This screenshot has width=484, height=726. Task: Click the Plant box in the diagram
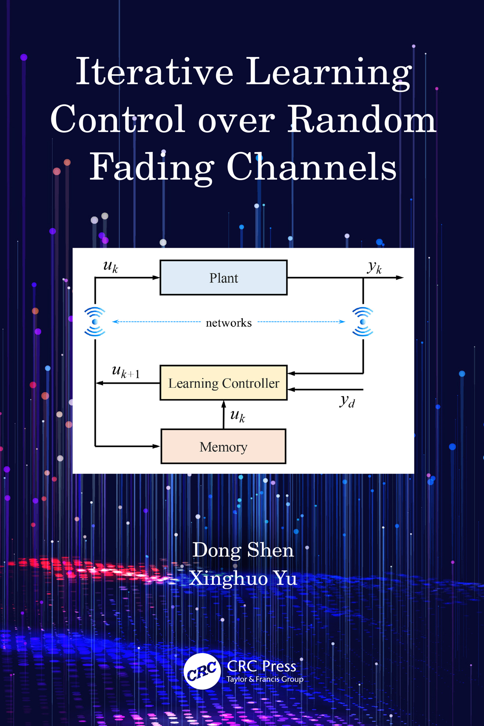pyautogui.click(x=223, y=278)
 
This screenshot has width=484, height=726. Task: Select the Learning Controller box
pyautogui.click(x=223, y=383)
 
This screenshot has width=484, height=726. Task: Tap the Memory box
pyautogui.click(x=223, y=446)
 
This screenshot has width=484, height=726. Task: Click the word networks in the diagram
pyautogui.click(x=229, y=323)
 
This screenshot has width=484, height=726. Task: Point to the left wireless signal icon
pyautogui.click(x=95, y=322)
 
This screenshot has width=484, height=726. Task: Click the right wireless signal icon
pyautogui.click(x=363, y=322)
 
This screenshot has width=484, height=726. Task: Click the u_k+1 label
pyautogui.click(x=126, y=372)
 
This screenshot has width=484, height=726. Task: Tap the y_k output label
pyautogui.click(x=374, y=268)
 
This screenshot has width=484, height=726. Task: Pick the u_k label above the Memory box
pyautogui.click(x=238, y=416)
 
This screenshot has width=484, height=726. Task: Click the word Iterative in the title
pyautogui.click(x=155, y=72)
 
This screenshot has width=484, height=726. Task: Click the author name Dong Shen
pyautogui.click(x=243, y=550)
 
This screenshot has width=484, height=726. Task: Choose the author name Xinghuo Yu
pyautogui.click(x=243, y=578)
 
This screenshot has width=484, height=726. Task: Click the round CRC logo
pyautogui.click(x=202, y=671)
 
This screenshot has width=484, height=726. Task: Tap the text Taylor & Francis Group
pyautogui.click(x=265, y=679)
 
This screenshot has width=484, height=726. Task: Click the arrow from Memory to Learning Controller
pyautogui.click(x=224, y=415)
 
